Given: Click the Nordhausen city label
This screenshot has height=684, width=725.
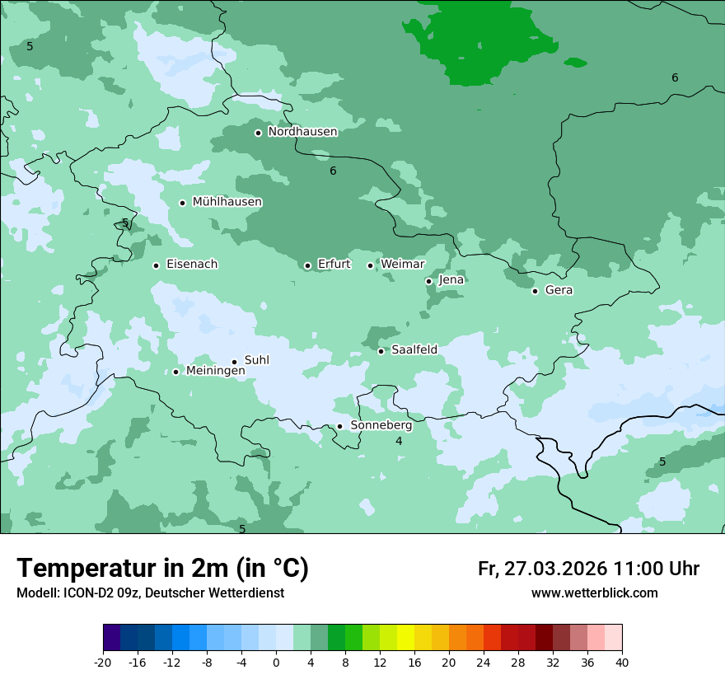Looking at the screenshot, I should click(x=302, y=132).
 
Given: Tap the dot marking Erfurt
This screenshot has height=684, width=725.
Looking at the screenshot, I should click(x=307, y=265).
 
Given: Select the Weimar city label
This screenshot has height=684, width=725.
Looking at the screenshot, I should click(x=402, y=265).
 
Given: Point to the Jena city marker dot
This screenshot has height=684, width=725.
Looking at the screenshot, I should click(x=428, y=281).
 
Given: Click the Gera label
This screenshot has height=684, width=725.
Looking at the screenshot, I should click(x=559, y=290).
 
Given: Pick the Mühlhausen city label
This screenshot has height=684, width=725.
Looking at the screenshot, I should click(x=227, y=202).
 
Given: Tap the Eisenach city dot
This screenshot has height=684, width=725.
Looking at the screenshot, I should click(x=156, y=265).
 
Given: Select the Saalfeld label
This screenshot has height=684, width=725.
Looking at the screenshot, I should click(x=414, y=350).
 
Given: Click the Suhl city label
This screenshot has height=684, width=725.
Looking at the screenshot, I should click(x=256, y=360).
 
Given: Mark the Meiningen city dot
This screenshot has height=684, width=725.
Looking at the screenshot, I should click(x=175, y=372).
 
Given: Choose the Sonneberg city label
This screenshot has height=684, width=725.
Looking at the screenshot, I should click(x=381, y=425).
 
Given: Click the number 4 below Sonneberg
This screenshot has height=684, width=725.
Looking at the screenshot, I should click(x=399, y=442).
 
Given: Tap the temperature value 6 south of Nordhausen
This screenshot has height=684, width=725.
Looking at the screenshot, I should click(x=333, y=171).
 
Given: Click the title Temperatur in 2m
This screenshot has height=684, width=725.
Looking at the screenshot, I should click(x=162, y=569).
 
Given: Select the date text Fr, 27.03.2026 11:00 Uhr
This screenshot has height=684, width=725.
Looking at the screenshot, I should click(x=588, y=569).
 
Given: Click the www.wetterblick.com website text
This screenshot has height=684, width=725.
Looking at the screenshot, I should click(x=594, y=593).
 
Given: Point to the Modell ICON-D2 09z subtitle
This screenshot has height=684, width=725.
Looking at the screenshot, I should click(x=150, y=593).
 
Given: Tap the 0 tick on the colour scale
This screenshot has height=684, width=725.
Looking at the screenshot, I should click(x=276, y=662).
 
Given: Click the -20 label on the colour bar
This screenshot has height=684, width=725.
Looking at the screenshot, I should click(x=103, y=662).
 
